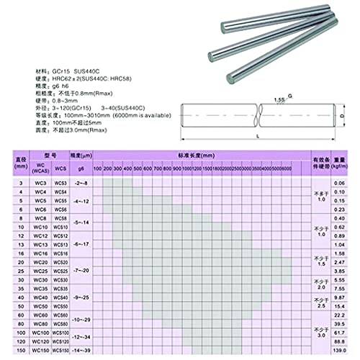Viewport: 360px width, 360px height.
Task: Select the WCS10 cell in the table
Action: click(60, 227)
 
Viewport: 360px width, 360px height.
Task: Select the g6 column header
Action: click(81, 168)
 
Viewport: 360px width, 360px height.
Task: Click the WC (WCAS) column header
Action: click(42, 168)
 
